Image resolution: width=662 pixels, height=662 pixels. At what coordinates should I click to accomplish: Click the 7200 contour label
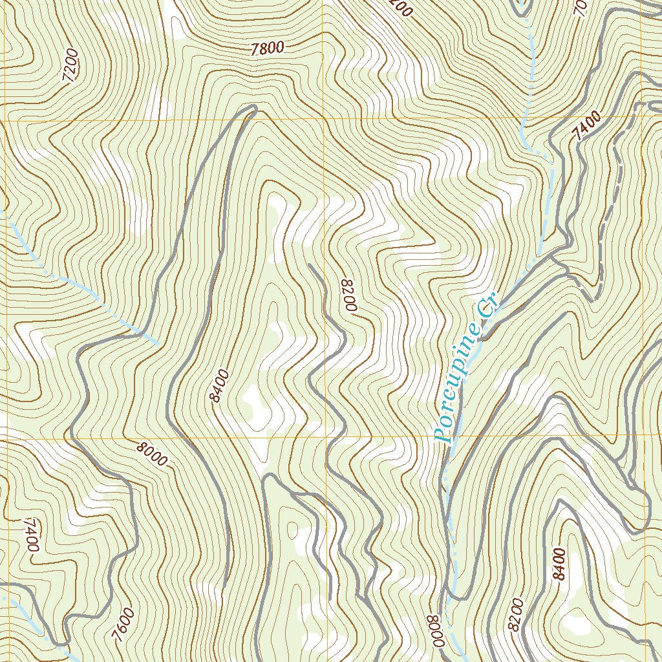(x=70, y=65)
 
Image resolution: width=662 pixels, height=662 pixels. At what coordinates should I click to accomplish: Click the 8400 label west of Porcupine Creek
(x=220, y=386)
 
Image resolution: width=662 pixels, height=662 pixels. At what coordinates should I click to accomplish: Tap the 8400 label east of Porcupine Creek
(x=559, y=564)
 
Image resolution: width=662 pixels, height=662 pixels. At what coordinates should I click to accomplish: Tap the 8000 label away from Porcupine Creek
(x=153, y=453)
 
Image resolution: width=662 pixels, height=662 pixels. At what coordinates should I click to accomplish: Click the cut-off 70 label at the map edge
(x=580, y=8)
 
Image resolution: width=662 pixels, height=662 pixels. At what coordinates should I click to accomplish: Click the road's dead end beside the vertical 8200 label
(x=310, y=264)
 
